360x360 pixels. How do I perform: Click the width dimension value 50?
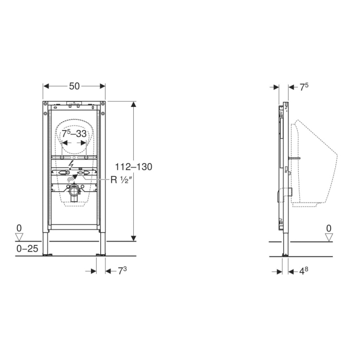point(75,86)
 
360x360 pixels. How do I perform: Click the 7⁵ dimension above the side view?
point(304,87)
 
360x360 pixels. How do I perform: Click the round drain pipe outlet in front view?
point(74,194)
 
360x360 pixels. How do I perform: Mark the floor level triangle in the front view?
point(20,237)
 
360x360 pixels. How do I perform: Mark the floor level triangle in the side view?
point(329,237)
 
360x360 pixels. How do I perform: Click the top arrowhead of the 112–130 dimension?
point(134,104)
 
